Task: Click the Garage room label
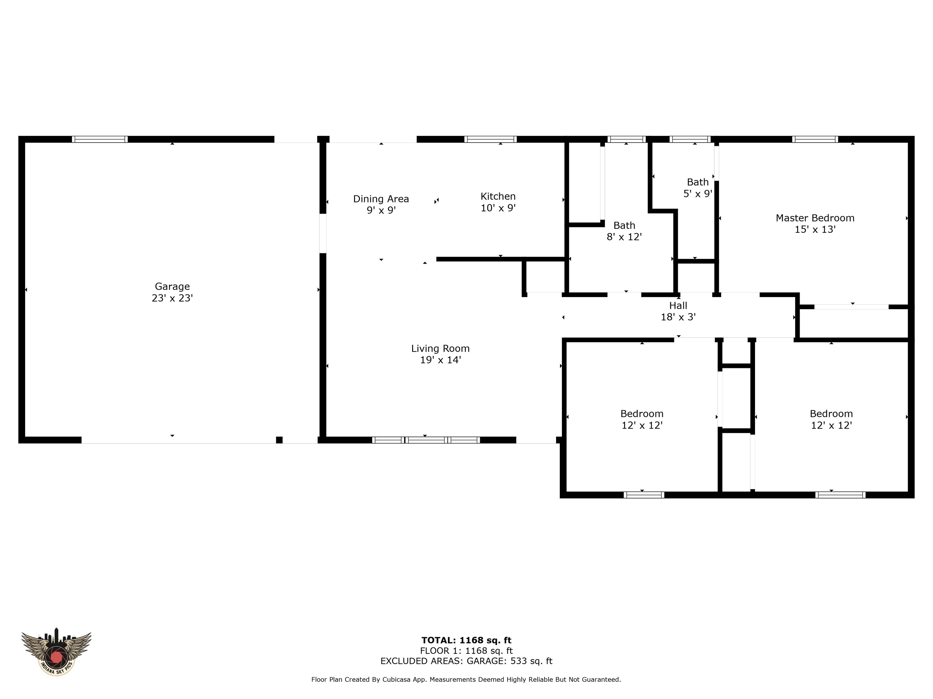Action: [x=172, y=286]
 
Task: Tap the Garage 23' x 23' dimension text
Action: [x=172, y=298]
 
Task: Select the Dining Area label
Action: [x=381, y=199]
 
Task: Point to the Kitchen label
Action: [x=498, y=196]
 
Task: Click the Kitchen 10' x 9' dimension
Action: [x=498, y=208]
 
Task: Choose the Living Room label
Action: [x=440, y=349]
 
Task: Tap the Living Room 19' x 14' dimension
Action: [x=440, y=360]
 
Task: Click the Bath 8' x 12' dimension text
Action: [x=624, y=237]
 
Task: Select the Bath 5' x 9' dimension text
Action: [x=698, y=193]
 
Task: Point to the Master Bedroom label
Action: [x=815, y=218]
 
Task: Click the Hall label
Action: [x=678, y=306]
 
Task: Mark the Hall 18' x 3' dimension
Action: [x=678, y=317]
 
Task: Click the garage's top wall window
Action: [x=100, y=139]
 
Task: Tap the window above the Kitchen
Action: [x=490, y=139]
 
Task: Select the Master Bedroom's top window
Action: [x=815, y=139]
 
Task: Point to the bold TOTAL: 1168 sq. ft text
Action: [x=466, y=640]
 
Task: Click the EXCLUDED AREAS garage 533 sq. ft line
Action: [x=466, y=661]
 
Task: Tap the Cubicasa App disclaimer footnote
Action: [x=466, y=679]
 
